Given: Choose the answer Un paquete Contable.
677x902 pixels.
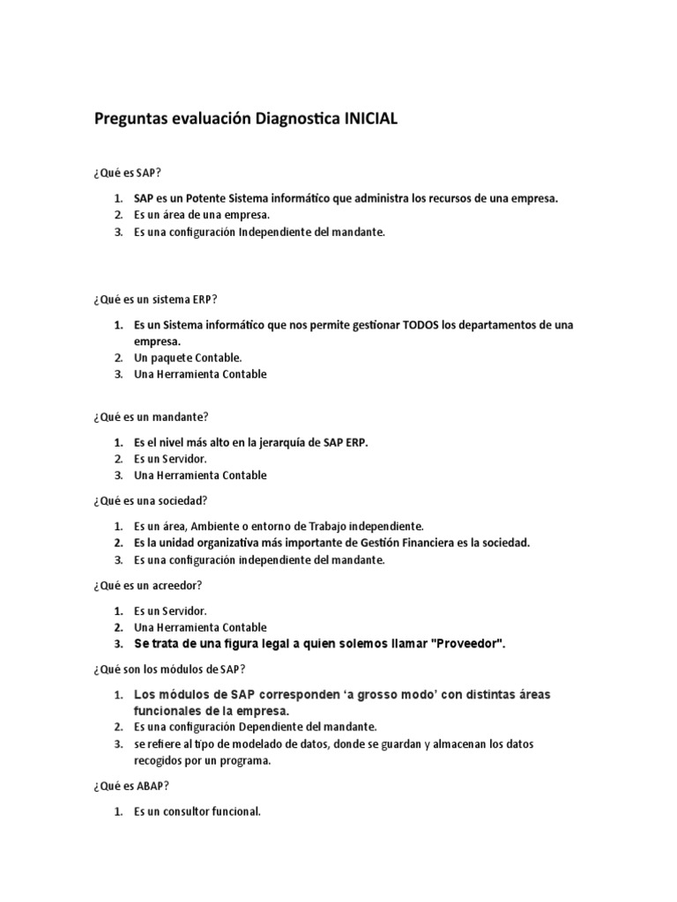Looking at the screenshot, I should pyautogui.click(x=188, y=358).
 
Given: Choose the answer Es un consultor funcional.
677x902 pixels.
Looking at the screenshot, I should pyautogui.click(x=197, y=812).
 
